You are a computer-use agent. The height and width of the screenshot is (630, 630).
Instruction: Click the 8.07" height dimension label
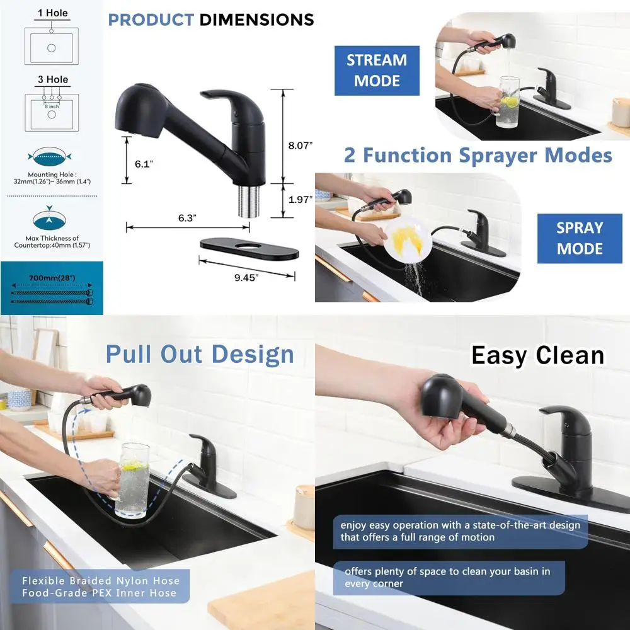tap(301, 146)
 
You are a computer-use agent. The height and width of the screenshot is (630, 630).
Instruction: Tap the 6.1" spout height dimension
tap(144, 164)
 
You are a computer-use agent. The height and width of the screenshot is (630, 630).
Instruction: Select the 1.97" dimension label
tap(301, 200)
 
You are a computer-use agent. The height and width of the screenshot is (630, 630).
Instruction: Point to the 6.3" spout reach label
tap(186, 218)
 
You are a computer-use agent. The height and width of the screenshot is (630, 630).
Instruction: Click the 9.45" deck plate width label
tap(246, 277)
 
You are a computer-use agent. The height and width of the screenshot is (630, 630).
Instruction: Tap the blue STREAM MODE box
tap(377, 71)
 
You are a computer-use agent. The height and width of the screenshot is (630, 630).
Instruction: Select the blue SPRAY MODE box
tap(580, 238)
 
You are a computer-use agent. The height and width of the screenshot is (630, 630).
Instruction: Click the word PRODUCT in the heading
tap(151, 20)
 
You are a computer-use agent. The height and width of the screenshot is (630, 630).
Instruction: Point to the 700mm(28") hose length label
tap(52, 277)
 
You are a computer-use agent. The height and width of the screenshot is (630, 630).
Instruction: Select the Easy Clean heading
tap(537, 356)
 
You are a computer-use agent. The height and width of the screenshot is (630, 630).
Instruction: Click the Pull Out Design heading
tap(200, 354)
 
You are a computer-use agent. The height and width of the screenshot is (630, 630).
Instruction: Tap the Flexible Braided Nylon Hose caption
tap(101, 587)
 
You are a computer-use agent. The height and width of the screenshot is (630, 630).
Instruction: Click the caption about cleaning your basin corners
tap(447, 578)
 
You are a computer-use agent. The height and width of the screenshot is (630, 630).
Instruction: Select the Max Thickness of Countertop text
tap(52, 242)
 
